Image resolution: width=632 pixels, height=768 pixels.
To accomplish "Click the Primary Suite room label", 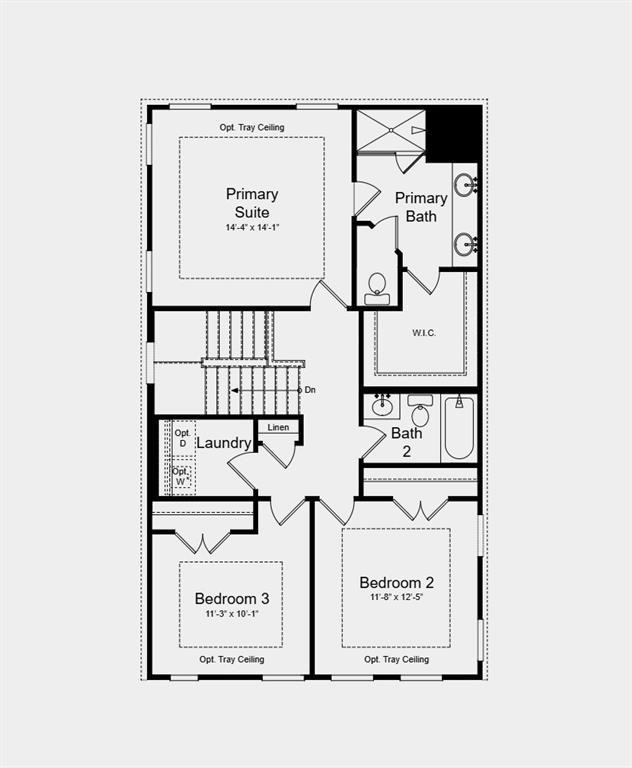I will pyautogui.click(x=252, y=203).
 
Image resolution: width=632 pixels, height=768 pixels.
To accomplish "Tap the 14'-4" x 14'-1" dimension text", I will pyautogui.click(x=252, y=228).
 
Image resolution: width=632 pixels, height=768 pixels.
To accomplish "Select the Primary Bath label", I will pyautogui.click(x=421, y=206).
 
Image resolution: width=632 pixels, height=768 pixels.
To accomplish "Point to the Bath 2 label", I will pyautogui.click(x=406, y=441).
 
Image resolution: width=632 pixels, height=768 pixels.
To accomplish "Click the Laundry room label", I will pyautogui.click(x=223, y=443).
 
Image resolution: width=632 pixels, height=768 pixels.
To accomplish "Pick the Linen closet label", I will pyautogui.click(x=279, y=428).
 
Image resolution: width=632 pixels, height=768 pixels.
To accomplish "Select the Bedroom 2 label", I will pyautogui.click(x=397, y=582).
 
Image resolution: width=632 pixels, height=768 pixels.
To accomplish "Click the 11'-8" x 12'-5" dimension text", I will pyautogui.click(x=397, y=599).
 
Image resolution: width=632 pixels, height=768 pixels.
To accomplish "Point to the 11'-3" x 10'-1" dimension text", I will pyautogui.click(x=232, y=614).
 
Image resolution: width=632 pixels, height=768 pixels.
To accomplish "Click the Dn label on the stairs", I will pyautogui.click(x=310, y=390).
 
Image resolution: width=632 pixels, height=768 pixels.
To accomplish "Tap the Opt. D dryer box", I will pyautogui.click(x=182, y=438).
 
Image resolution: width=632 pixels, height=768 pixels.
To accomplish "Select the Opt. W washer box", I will pyautogui.click(x=181, y=476).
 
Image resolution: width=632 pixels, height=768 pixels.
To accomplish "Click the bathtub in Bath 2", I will pyautogui.click(x=459, y=428).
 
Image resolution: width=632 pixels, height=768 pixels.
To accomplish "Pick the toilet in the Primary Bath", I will pyautogui.click(x=378, y=287).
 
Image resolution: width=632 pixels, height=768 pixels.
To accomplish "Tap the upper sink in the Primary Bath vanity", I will pyautogui.click(x=465, y=184).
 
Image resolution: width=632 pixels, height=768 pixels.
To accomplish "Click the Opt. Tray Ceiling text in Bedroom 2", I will pyautogui.click(x=396, y=659).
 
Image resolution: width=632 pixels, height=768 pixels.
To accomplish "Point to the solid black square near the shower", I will pyautogui.click(x=454, y=132).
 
